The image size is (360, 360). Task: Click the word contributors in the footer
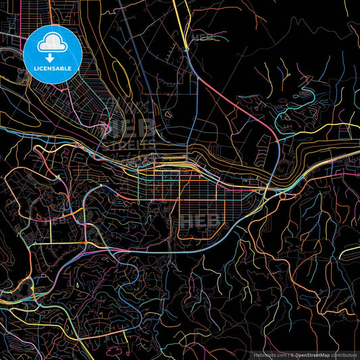click(345, 354)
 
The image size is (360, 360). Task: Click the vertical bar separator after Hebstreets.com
click(289, 354)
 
